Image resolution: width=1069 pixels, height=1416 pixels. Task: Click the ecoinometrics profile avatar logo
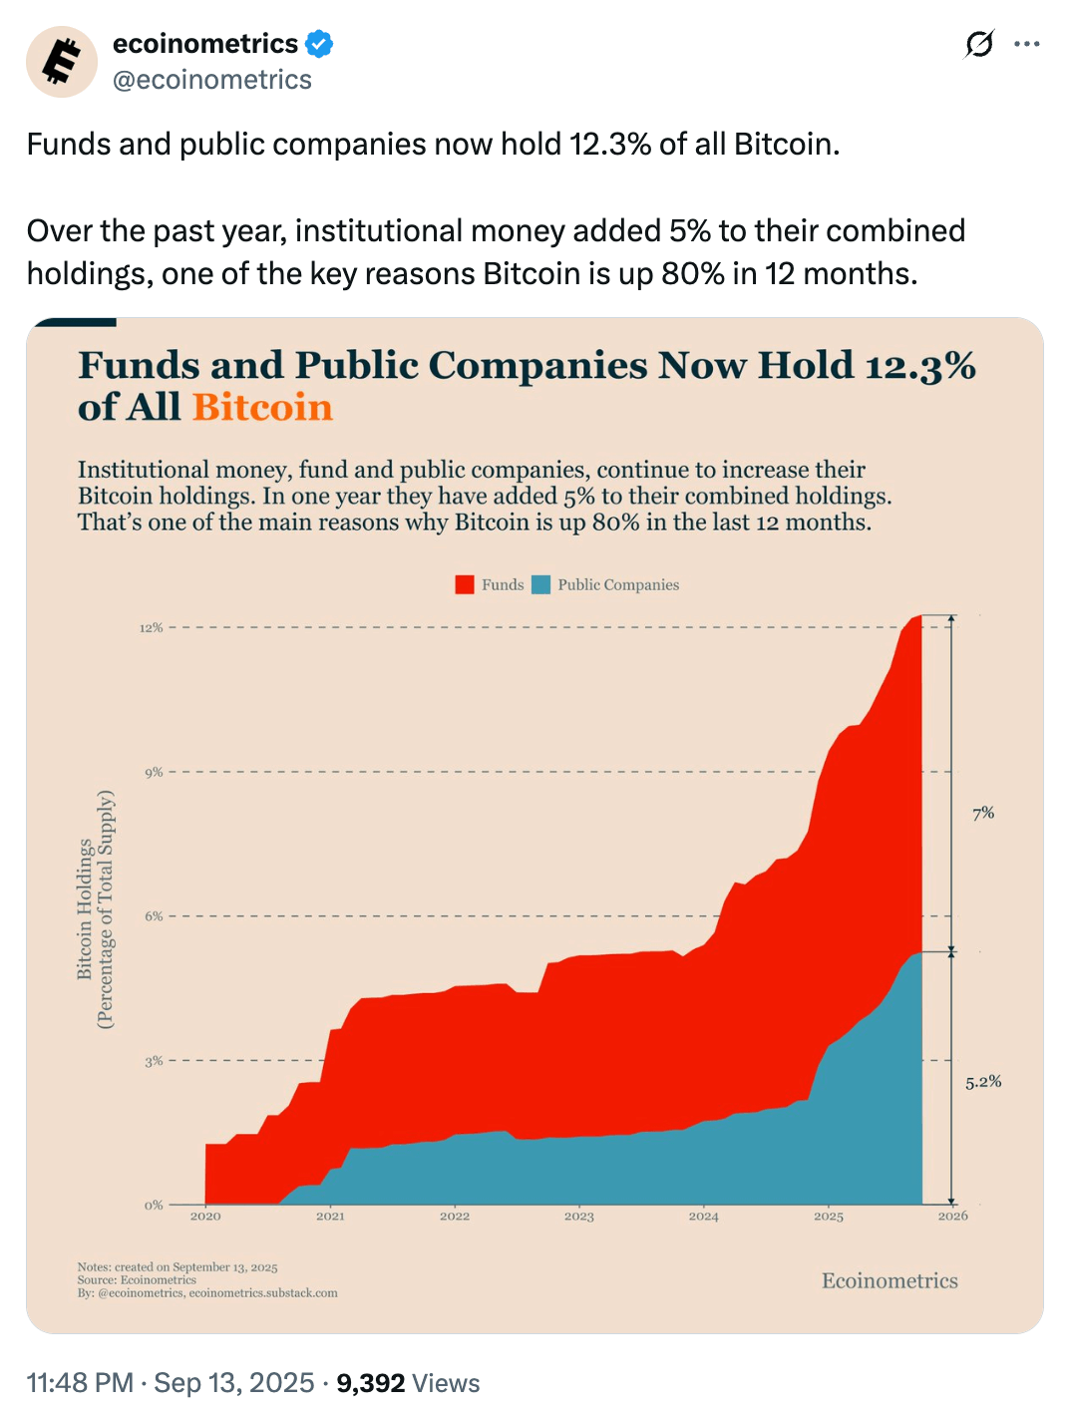62,62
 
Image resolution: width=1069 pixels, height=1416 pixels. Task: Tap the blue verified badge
319,44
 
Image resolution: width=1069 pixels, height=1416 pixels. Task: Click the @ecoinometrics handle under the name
212,80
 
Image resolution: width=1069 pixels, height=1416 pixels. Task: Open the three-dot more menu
1026,44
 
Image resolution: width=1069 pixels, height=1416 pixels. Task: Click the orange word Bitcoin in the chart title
262,408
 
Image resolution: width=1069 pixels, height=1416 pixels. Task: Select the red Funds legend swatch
465,584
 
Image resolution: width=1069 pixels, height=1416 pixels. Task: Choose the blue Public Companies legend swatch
541,584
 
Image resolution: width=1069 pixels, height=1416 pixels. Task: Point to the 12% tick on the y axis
151,628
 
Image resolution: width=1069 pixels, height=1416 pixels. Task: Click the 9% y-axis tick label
154,773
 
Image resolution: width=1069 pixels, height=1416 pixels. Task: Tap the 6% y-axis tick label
154,916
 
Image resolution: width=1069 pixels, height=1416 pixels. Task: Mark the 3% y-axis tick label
154,1061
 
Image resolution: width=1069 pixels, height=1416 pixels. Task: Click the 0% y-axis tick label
154,1206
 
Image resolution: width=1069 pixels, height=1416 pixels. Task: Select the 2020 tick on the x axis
205,1217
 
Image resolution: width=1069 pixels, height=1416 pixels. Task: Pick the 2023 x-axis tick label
579,1217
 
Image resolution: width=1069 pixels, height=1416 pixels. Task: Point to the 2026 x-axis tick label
953,1217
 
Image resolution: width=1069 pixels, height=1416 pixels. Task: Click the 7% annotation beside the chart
983,814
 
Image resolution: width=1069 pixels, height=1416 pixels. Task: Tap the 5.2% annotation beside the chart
983,1082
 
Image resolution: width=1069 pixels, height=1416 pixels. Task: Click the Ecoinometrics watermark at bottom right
890,1281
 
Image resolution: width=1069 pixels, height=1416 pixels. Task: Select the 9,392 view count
370,1383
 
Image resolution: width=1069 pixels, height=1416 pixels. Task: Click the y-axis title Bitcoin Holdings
86,908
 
